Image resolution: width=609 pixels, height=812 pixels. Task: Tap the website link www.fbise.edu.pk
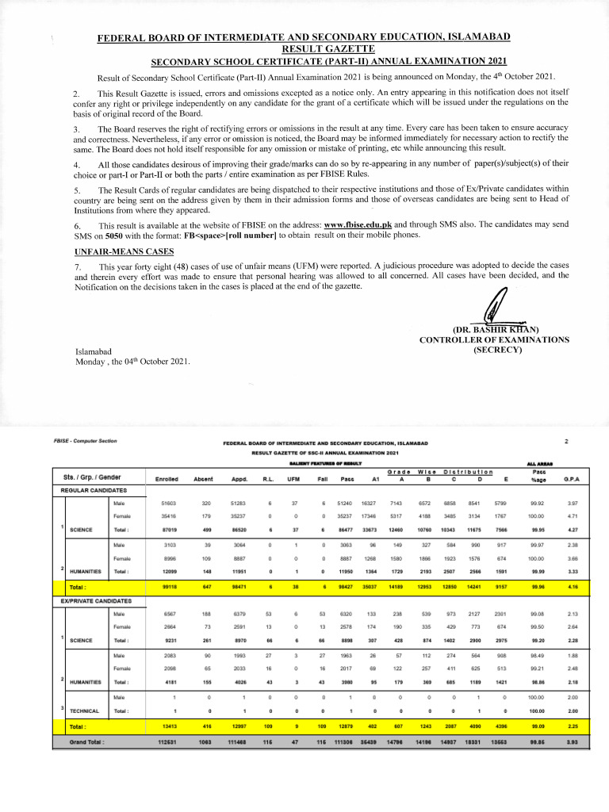click(x=358, y=225)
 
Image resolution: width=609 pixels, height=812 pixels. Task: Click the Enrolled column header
click(x=167, y=478)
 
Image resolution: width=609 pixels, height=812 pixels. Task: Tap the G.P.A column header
click(x=570, y=478)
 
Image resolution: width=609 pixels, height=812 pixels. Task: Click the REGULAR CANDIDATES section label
click(x=94, y=492)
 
